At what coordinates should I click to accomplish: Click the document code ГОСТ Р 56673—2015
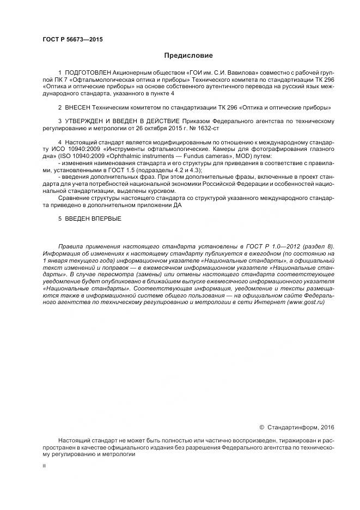click(x=72, y=40)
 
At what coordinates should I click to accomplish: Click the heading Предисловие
click(x=188, y=56)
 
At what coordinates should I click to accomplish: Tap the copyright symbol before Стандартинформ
click(x=261, y=428)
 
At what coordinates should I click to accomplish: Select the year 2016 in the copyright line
click(x=328, y=428)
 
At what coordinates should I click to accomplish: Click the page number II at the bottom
click(x=44, y=467)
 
